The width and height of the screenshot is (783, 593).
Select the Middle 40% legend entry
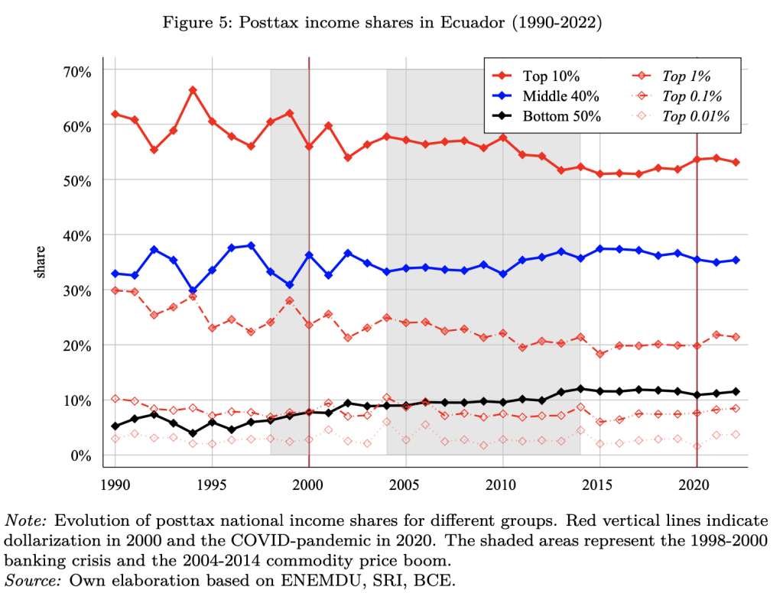[x=560, y=96]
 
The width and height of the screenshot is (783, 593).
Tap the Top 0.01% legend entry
[x=695, y=117]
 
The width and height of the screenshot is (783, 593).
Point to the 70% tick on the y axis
[x=77, y=71]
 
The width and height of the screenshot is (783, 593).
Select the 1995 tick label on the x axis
[x=212, y=485]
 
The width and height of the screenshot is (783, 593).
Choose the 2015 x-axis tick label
[x=599, y=485]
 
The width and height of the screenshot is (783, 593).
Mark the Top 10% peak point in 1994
[x=193, y=90]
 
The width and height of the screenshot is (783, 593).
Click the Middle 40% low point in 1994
[x=193, y=291]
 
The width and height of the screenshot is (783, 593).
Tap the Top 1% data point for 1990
[x=115, y=290]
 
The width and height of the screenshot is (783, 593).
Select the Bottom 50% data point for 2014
[x=580, y=389]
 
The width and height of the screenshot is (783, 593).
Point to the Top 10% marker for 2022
[x=736, y=162]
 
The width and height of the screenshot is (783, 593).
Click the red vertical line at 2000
[x=309, y=229]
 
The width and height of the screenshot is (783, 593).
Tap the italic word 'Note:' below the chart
[x=27, y=520]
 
